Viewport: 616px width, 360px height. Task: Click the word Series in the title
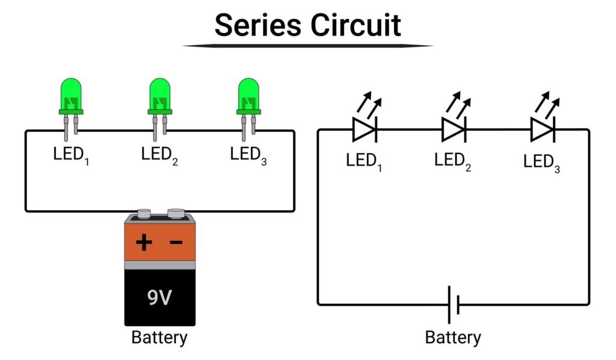click(x=257, y=25)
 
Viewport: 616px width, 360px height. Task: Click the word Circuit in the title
click(x=356, y=25)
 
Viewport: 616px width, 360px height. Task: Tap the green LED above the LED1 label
click(x=71, y=109)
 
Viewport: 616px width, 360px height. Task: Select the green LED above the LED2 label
click(x=159, y=109)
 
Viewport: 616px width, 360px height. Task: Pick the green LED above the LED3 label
click(x=248, y=109)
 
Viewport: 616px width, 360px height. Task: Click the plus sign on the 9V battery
click(x=144, y=242)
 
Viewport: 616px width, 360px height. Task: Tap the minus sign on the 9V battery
click(x=176, y=242)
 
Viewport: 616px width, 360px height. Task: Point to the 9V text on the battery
click(x=159, y=297)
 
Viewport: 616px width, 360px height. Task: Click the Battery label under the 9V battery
click(x=159, y=338)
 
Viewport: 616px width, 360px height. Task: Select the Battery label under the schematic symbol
click(x=453, y=338)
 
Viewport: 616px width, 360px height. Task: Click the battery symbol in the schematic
click(x=454, y=305)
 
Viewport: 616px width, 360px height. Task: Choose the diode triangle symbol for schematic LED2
click(x=454, y=129)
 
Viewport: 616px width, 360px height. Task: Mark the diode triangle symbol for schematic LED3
click(x=543, y=129)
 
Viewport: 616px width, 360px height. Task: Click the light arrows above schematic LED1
click(x=369, y=104)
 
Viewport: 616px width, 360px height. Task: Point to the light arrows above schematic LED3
click(x=547, y=104)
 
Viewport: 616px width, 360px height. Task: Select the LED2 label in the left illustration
click(x=159, y=156)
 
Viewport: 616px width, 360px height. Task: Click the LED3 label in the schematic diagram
click(x=541, y=163)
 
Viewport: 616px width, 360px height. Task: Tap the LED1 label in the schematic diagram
click(x=364, y=162)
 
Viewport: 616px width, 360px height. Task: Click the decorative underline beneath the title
click(x=308, y=46)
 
